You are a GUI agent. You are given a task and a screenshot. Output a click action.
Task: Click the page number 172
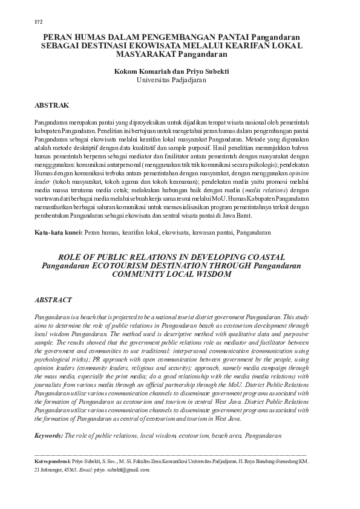click(39, 22)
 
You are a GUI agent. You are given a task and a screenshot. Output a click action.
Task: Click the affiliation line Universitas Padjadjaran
click(180, 79)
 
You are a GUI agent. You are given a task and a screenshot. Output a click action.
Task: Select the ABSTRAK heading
click(54, 105)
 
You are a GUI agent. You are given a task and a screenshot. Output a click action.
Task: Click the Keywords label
click(49, 435)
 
